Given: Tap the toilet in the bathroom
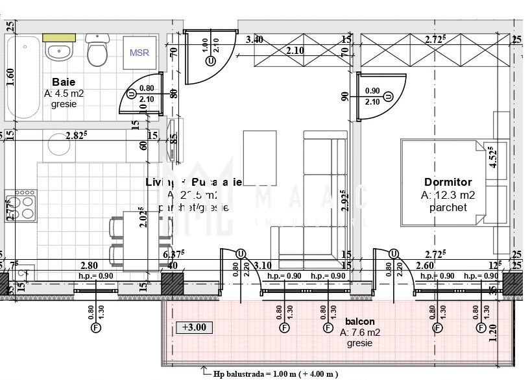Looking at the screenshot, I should coord(98,49).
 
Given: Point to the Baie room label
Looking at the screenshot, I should coord(64,82).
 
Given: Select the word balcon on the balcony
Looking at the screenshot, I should coord(359,322).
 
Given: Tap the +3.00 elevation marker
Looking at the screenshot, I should coord(194,327).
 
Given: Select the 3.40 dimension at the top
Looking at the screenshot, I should coord(254,40).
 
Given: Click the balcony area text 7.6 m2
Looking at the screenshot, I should coord(359,333).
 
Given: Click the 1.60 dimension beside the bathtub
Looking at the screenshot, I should coord(10,77).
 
